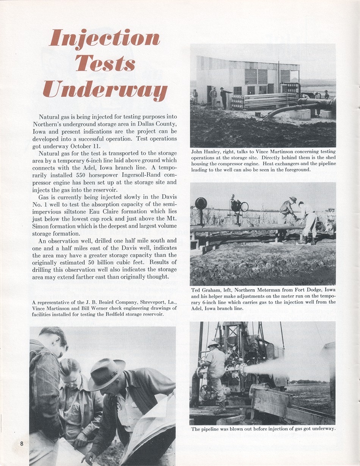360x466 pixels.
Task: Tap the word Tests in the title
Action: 105,64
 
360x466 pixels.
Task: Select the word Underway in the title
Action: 105,89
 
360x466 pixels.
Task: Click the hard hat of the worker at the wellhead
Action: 213,344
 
